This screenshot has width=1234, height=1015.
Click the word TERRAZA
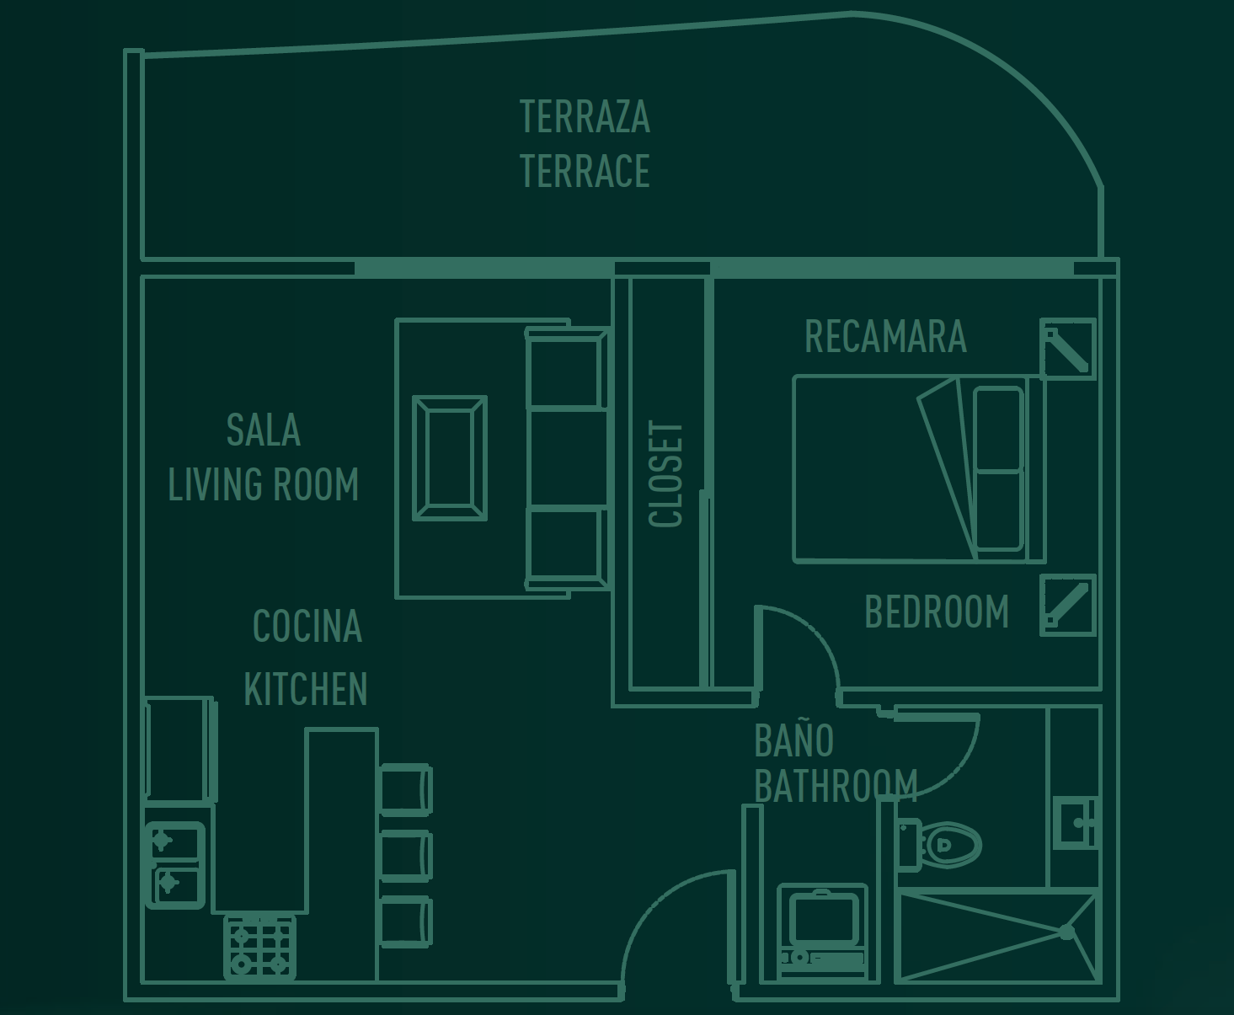[585, 116]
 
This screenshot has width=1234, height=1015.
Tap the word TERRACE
[585, 171]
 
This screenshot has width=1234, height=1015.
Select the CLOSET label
[666, 474]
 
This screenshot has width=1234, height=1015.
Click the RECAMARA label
[885, 336]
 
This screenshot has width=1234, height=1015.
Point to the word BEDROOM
[937, 612]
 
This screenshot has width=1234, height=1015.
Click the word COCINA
[307, 626]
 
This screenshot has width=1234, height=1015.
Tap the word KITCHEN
[305, 689]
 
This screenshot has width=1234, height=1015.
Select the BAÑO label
[793, 740]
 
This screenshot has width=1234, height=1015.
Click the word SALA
[264, 430]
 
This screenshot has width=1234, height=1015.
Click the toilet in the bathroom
[939, 845]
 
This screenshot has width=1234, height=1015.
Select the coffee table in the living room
[450, 458]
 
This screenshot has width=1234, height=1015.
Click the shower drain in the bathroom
[1066, 932]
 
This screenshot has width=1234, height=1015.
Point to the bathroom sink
[1076, 823]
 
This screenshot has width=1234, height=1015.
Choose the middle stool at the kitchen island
[407, 856]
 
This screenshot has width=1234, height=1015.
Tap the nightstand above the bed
[1068, 350]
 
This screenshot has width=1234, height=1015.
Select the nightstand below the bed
[1068, 606]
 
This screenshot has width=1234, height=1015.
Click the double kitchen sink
[175, 866]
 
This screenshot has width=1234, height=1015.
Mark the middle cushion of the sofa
[566, 459]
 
